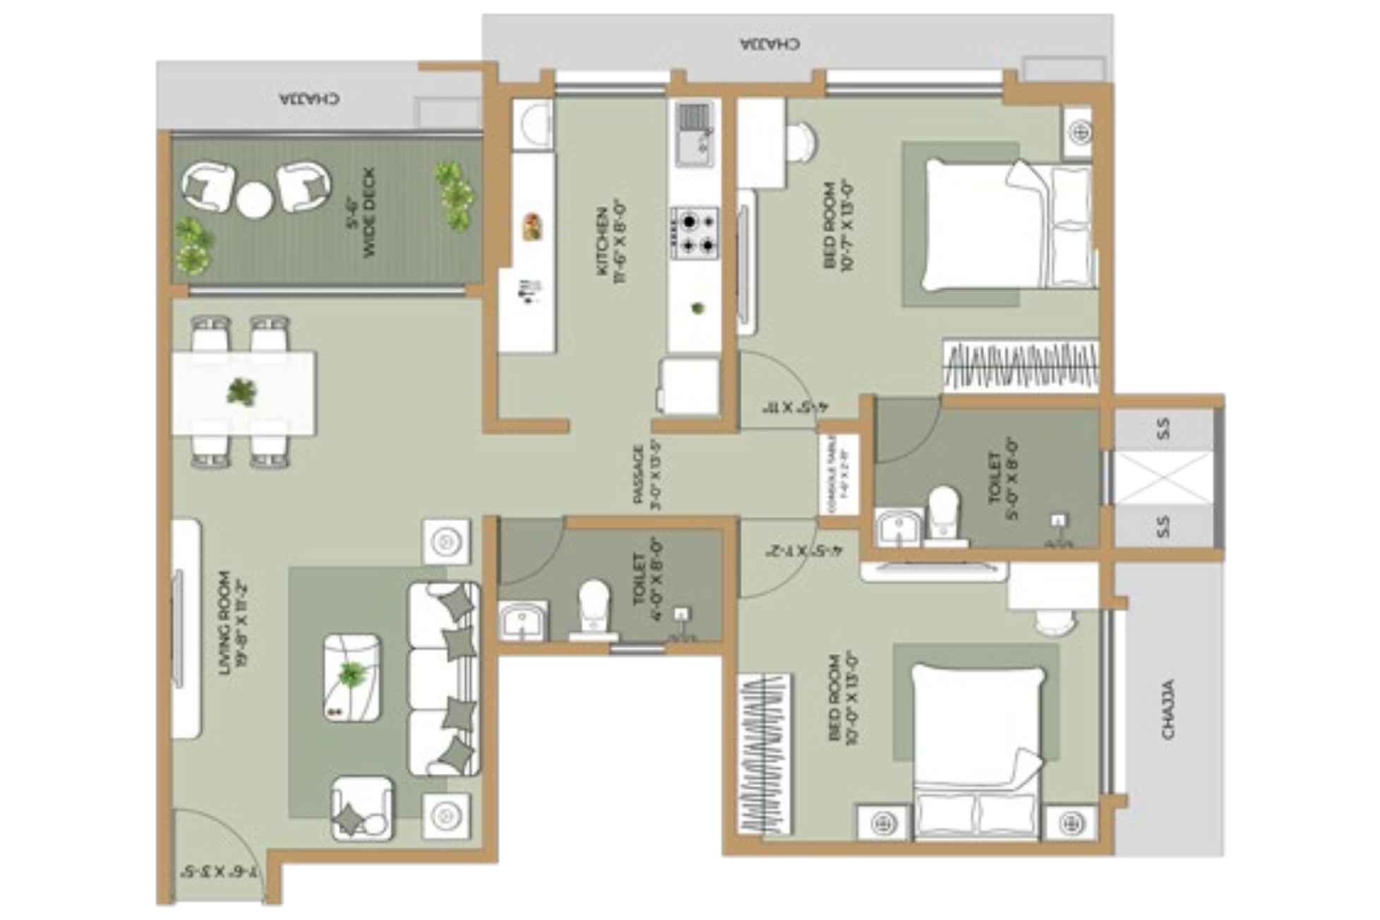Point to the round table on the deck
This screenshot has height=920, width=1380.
point(254,200)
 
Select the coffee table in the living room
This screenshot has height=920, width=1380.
point(351,677)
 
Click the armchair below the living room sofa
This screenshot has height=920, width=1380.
point(361,808)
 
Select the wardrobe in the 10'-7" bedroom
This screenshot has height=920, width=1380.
point(1021,365)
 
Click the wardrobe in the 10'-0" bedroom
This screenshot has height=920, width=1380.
point(764,754)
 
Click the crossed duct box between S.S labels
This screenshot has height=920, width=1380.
point(1163,478)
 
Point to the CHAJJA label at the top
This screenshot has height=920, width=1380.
point(771,44)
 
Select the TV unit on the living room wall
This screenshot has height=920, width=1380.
point(185,628)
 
